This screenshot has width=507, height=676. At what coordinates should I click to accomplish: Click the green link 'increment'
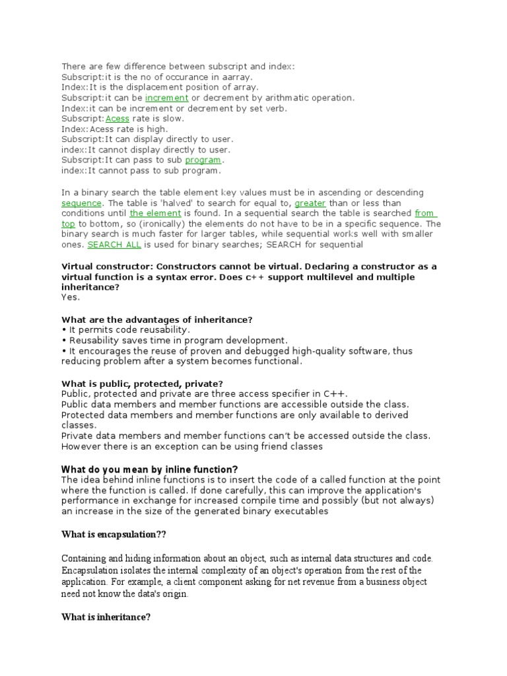click(167, 98)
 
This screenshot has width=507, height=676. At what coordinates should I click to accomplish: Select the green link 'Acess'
click(118, 119)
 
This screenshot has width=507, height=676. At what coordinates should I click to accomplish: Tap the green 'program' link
click(203, 160)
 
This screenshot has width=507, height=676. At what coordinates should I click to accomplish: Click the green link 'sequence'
click(81, 203)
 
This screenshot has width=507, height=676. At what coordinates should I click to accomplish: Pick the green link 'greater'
click(310, 203)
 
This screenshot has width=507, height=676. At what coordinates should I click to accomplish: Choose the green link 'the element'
click(155, 213)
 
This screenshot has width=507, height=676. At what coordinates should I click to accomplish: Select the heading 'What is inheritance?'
click(106, 617)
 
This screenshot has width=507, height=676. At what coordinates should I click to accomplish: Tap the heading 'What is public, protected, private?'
click(142, 383)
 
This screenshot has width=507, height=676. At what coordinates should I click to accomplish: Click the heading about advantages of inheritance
click(157, 319)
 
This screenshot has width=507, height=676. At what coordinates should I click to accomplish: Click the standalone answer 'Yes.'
click(70, 298)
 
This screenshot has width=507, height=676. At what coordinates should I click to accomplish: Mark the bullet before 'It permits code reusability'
click(63, 329)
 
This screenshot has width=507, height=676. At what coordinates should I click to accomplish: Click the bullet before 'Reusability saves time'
click(63, 340)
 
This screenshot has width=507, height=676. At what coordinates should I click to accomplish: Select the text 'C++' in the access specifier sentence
click(333, 393)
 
